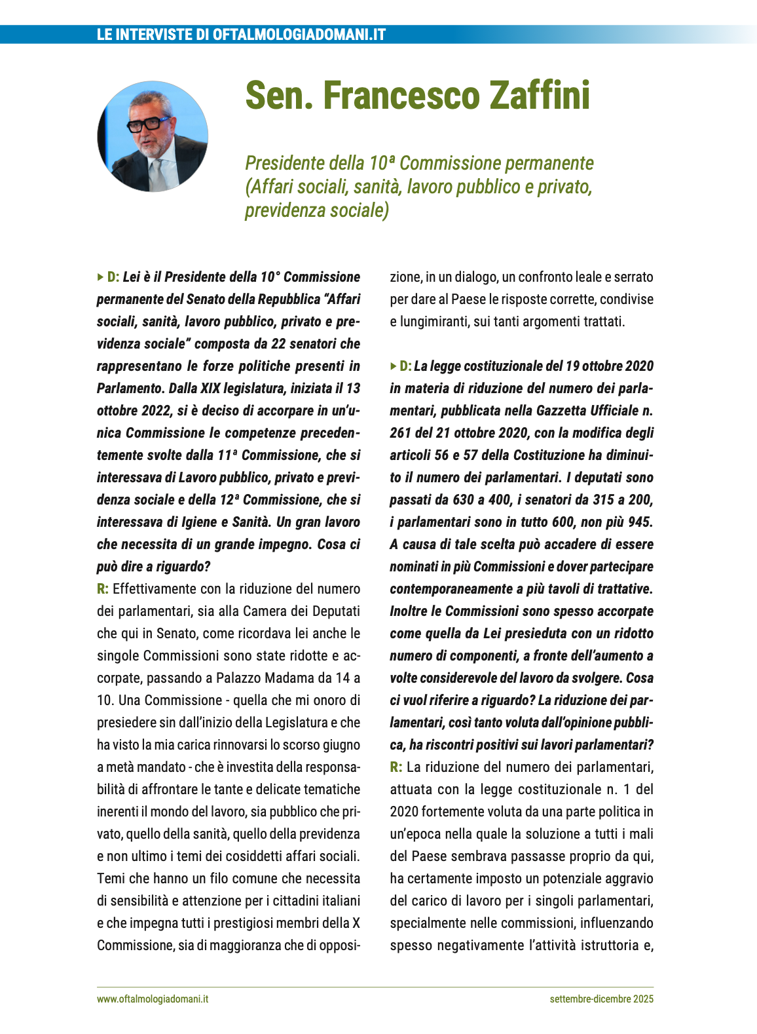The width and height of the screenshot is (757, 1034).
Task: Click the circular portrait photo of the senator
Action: coord(153,136)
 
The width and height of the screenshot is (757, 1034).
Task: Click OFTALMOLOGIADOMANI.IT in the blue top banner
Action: coord(299,34)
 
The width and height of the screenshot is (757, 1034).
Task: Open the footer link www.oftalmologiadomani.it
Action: coord(153,999)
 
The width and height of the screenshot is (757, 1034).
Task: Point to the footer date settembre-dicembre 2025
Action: coord(601,999)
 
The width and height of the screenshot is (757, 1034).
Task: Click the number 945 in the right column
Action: coord(639,522)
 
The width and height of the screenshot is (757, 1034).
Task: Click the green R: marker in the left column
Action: coord(103,589)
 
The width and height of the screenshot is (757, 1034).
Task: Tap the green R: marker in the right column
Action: coord(396,767)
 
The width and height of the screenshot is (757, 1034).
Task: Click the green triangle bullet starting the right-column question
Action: coord(393,366)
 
